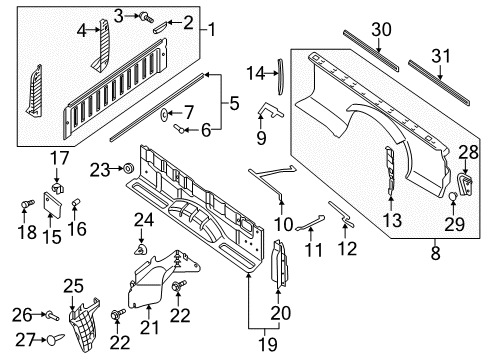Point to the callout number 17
click(x=60, y=157)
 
